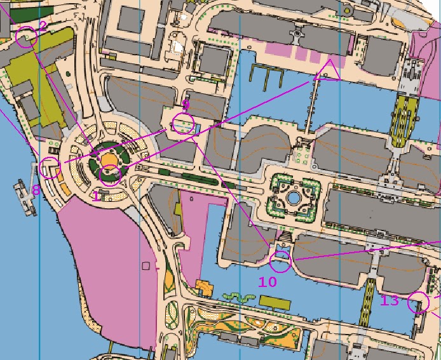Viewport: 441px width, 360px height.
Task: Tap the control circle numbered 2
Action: tap(25, 37)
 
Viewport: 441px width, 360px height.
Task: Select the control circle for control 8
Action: tap(49, 168)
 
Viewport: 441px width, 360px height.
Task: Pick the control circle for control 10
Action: tap(280, 260)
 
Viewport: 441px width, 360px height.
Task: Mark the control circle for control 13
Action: tap(418, 302)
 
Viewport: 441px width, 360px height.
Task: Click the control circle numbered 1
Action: tap(111, 174)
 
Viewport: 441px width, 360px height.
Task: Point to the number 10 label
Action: tap(268, 281)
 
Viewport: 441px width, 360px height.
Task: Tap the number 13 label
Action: tap(390, 300)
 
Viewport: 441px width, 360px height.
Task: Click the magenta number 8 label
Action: tap(36, 189)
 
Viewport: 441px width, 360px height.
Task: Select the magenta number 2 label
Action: tap(43, 25)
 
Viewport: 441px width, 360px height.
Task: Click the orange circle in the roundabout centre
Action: tap(109, 159)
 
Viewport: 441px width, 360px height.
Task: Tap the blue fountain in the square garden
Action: tap(293, 198)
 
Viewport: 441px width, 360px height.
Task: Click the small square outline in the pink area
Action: tap(147, 265)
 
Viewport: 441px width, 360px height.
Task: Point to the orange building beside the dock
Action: tap(204, 288)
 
